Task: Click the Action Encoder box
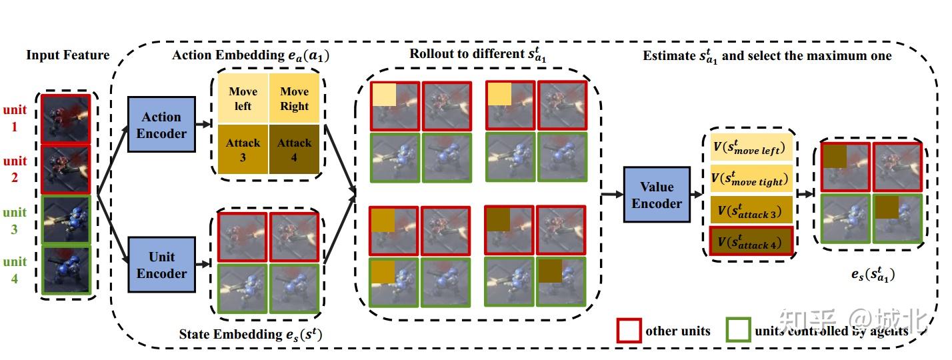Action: [161, 125]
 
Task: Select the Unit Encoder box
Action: [161, 265]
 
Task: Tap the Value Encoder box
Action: [656, 195]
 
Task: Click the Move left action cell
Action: [242, 99]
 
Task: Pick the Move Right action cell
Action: [294, 99]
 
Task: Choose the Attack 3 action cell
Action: [242, 149]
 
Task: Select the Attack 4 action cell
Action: [294, 149]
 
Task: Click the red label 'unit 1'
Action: [15, 117]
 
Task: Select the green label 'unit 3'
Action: [15, 220]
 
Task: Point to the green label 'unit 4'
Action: [15, 269]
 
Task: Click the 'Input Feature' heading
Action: [67, 55]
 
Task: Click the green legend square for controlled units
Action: [738, 331]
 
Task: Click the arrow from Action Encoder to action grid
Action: [203, 125]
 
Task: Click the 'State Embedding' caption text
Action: [250, 335]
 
